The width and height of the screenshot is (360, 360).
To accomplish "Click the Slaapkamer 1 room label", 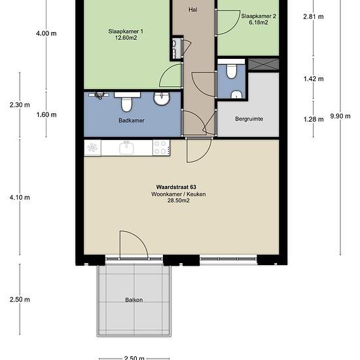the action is [x=126, y=31].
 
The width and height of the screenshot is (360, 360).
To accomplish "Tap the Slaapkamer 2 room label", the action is [x=259, y=16].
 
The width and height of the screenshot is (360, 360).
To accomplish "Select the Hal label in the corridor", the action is [x=193, y=10].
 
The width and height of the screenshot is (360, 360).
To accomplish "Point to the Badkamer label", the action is [x=132, y=120].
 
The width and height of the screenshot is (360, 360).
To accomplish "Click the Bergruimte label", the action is [x=249, y=119].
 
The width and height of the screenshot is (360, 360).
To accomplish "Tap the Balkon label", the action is [x=134, y=300].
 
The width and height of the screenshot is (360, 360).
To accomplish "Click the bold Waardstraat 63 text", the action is [x=176, y=187].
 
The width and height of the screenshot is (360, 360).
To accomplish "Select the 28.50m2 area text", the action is [x=179, y=201].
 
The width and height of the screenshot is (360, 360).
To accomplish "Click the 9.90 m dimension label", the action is [x=340, y=116].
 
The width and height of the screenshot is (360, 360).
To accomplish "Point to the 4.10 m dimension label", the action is [x=20, y=198].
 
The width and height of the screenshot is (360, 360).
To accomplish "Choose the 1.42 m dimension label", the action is [x=314, y=79].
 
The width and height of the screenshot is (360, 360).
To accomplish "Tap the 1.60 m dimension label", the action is [x=46, y=115].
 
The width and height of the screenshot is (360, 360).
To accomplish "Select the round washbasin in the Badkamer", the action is [x=162, y=98].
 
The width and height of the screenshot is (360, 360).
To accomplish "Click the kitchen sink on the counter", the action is [x=126, y=148].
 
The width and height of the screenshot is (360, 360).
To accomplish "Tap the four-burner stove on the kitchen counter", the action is [x=162, y=148].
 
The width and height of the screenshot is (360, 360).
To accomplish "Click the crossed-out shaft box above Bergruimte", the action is [x=264, y=64].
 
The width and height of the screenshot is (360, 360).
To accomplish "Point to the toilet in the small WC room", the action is [x=231, y=71].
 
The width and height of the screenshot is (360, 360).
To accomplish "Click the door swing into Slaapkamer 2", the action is [x=228, y=22].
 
